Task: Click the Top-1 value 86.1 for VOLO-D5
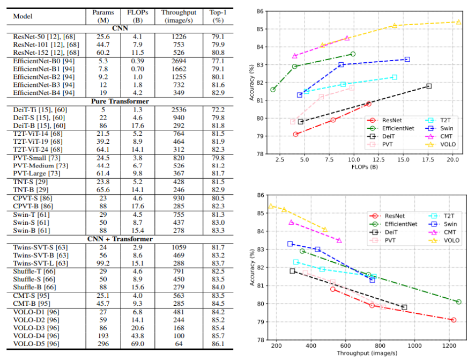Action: click(x=218, y=343)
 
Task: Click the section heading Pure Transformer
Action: click(x=117, y=101)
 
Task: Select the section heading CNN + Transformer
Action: click(x=117, y=239)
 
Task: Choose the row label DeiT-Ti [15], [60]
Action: click(x=40, y=109)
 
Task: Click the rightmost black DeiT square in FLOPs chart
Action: click(x=428, y=86)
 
